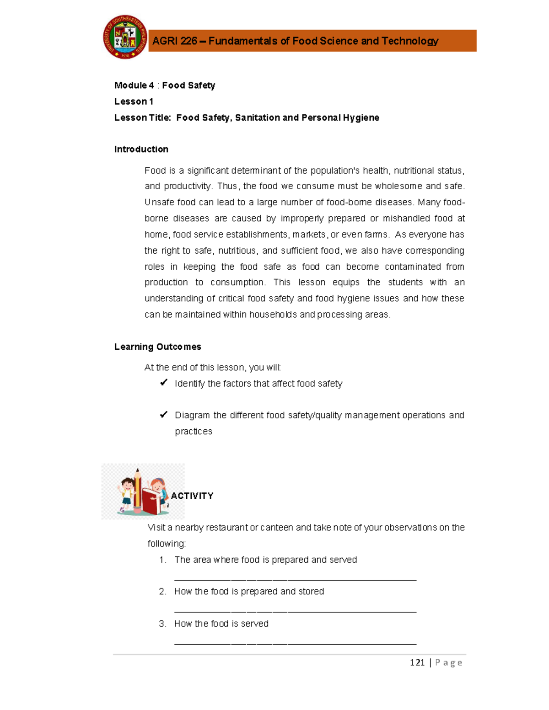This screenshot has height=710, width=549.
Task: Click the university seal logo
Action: click(x=125, y=37)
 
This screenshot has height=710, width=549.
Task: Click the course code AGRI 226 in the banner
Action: click(x=174, y=41)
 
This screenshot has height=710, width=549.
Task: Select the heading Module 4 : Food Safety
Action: click(x=164, y=85)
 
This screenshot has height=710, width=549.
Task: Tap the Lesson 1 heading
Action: click(x=134, y=101)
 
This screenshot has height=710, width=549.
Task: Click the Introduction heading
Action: click(x=141, y=149)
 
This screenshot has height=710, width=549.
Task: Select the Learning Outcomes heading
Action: click(x=157, y=347)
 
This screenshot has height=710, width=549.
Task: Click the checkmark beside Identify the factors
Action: click(x=163, y=383)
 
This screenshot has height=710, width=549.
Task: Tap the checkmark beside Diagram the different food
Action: click(x=163, y=415)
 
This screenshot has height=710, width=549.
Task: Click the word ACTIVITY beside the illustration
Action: click(x=192, y=496)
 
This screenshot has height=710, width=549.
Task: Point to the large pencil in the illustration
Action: click(x=137, y=489)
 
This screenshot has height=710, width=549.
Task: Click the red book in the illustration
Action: click(x=151, y=502)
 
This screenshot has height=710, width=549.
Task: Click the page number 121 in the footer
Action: click(x=417, y=662)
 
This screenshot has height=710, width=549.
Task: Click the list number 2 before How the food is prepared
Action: click(x=162, y=592)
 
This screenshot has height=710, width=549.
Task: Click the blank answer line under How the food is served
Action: click(x=295, y=643)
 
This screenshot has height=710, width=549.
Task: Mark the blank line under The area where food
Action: click(x=295, y=580)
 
